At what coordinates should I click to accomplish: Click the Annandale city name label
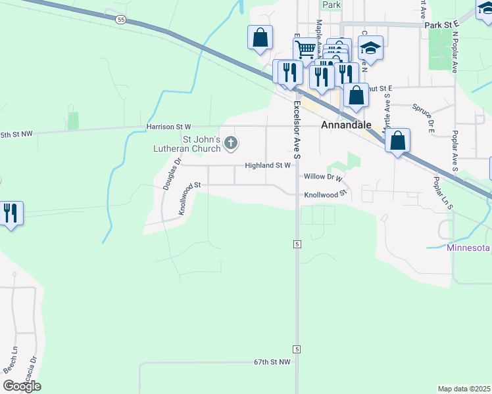[346, 124]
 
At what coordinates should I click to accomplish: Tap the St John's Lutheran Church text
[201, 144]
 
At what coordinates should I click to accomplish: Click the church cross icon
[230, 142]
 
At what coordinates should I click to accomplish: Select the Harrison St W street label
[168, 126]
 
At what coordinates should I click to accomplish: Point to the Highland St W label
[268, 166]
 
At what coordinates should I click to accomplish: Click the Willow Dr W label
[324, 177]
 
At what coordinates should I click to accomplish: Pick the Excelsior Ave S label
[297, 130]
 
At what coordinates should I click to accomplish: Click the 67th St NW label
[272, 362]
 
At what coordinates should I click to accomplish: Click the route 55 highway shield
[120, 20]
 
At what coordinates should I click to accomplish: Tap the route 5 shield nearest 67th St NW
[297, 349]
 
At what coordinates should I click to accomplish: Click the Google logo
[22, 386]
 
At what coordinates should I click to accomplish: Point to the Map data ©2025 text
[464, 389]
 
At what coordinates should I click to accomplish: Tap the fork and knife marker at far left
[11, 213]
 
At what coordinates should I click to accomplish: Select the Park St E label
[440, 25]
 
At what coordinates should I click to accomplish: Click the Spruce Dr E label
[424, 109]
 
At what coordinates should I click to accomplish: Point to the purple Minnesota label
[468, 248]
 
